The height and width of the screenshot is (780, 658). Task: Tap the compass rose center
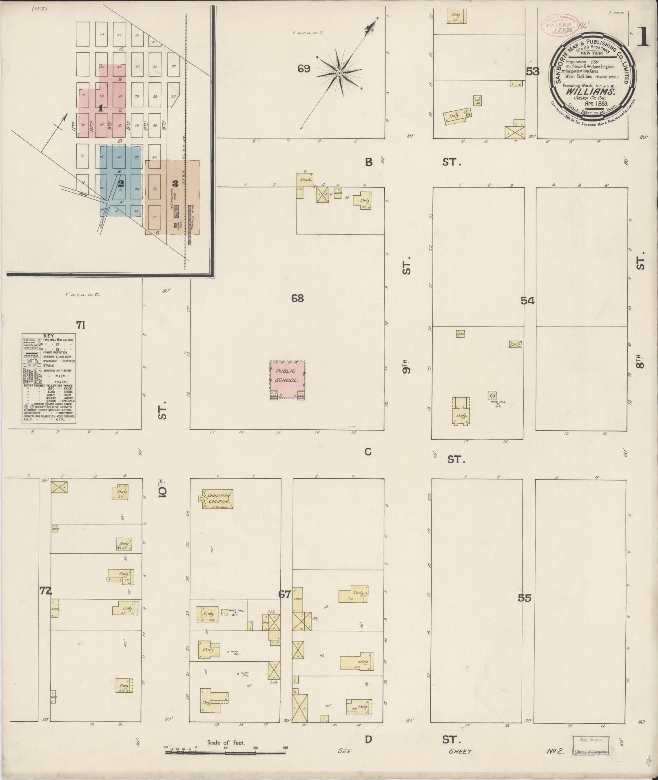(x=339, y=73)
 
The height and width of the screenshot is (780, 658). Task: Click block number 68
(x=297, y=298)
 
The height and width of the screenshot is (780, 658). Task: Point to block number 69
(x=304, y=68)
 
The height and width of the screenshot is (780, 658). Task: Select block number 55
(x=525, y=598)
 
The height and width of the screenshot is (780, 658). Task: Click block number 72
(x=46, y=590)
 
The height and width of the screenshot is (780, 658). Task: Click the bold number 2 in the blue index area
(x=121, y=184)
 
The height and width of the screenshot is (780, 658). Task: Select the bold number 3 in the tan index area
(x=175, y=184)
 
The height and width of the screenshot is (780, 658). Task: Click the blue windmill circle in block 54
(x=492, y=396)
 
